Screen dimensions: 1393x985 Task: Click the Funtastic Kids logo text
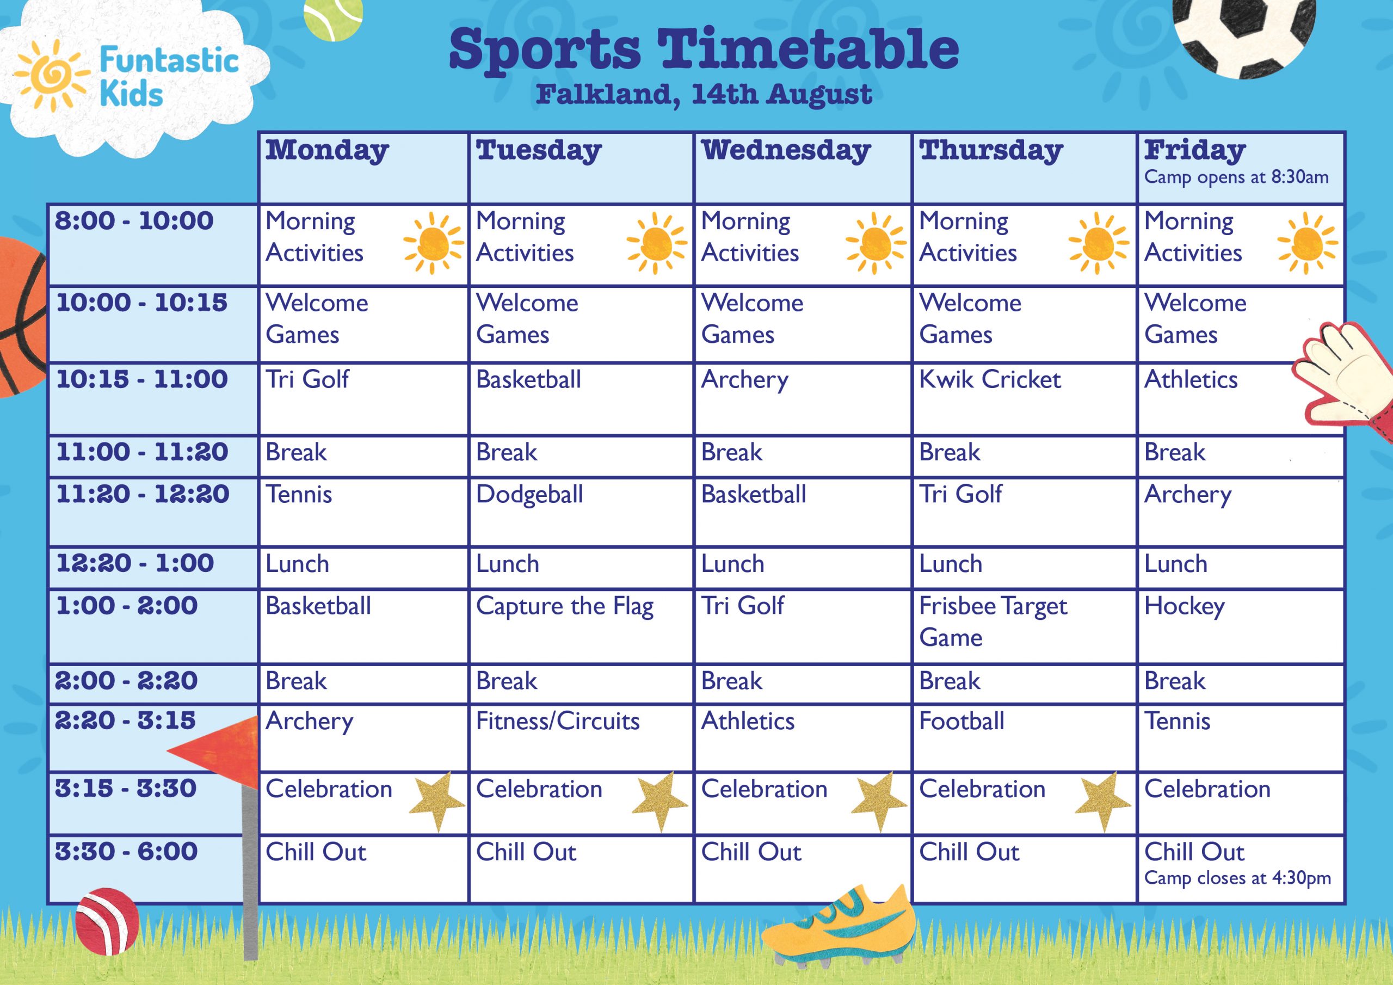(169, 77)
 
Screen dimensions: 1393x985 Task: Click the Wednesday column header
(786, 151)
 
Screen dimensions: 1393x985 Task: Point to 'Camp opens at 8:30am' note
(1236, 177)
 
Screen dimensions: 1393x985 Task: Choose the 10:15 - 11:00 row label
(142, 379)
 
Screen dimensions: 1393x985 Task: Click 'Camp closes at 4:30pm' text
(1238, 878)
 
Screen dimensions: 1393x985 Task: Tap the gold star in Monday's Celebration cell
(437, 801)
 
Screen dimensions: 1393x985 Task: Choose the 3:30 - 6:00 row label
(126, 852)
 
